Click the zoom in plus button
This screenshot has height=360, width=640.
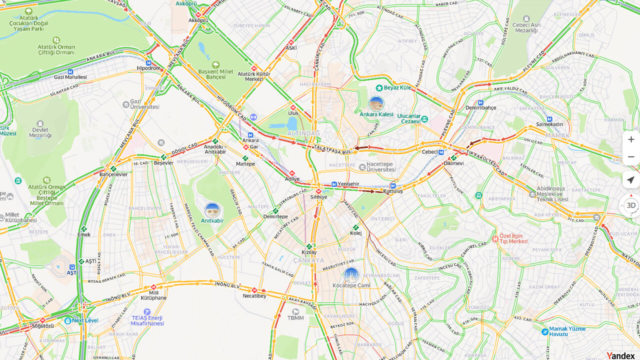(x=631, y=139)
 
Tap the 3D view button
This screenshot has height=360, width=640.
(x=631, y=205)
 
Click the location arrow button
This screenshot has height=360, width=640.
(x=631, y=180)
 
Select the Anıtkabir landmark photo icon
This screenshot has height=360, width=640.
(x=212, y=210)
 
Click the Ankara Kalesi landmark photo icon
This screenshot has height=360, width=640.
(x=376, y=104)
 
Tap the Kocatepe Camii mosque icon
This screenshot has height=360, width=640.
(x=351, y=275)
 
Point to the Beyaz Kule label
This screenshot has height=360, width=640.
(x=397, y=88)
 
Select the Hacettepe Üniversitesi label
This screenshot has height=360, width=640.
(x=380, y=167)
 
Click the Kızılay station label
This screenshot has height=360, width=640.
(x=309, y=252)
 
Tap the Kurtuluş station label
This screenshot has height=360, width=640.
(x=393, y=191)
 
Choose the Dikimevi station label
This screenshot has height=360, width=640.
(x=453, y=163)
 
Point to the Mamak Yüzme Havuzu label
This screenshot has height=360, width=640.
(x=567, y=331)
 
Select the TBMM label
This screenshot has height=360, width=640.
(x=295, y=318)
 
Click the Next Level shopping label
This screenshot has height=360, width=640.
(x=84, y=320)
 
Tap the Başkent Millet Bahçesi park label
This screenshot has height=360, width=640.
(x=216, y=74)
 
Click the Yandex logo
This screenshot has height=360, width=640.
(x=620, y=355)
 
